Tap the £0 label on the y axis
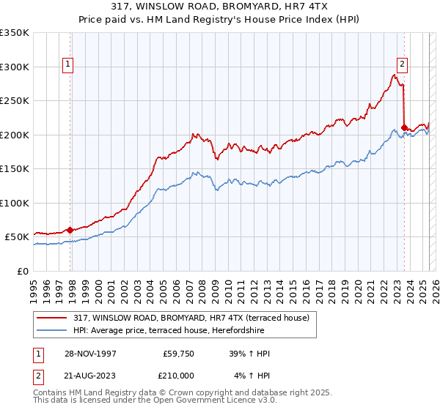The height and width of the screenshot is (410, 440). point(23,271)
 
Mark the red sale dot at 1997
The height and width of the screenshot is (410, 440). point(70,230)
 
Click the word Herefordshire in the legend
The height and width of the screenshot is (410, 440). point(282,329)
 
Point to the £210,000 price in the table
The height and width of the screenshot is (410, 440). point(177,376)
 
